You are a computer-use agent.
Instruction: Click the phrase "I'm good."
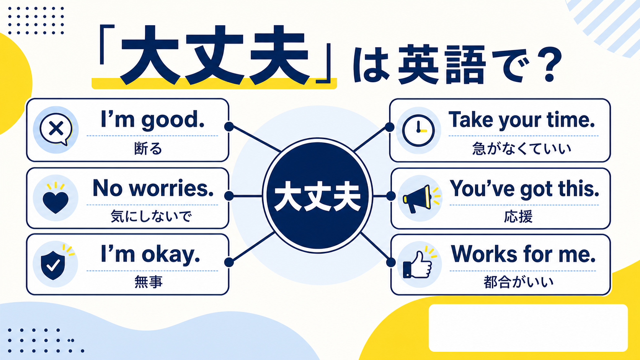click(x=153, y=120)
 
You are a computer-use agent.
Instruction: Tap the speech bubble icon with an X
click(x=56, y=129)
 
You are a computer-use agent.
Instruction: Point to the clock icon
click(x=419, y=130)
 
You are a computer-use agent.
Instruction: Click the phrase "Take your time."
click(x=522, y=120)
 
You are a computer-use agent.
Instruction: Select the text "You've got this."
click(x=524, y=189)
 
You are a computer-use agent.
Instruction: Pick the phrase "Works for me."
click(x=523, y=254)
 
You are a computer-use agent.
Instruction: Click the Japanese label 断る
click(x=148, y=149)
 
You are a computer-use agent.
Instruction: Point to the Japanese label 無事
click(x=148, y=282)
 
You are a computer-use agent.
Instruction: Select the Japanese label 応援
click(x=518, y=217)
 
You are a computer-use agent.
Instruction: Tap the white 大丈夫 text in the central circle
click(x=317, y=196)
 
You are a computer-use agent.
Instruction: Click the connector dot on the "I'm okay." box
click(x=229, y=262)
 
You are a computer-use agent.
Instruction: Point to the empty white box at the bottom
click(x=528, y=328)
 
